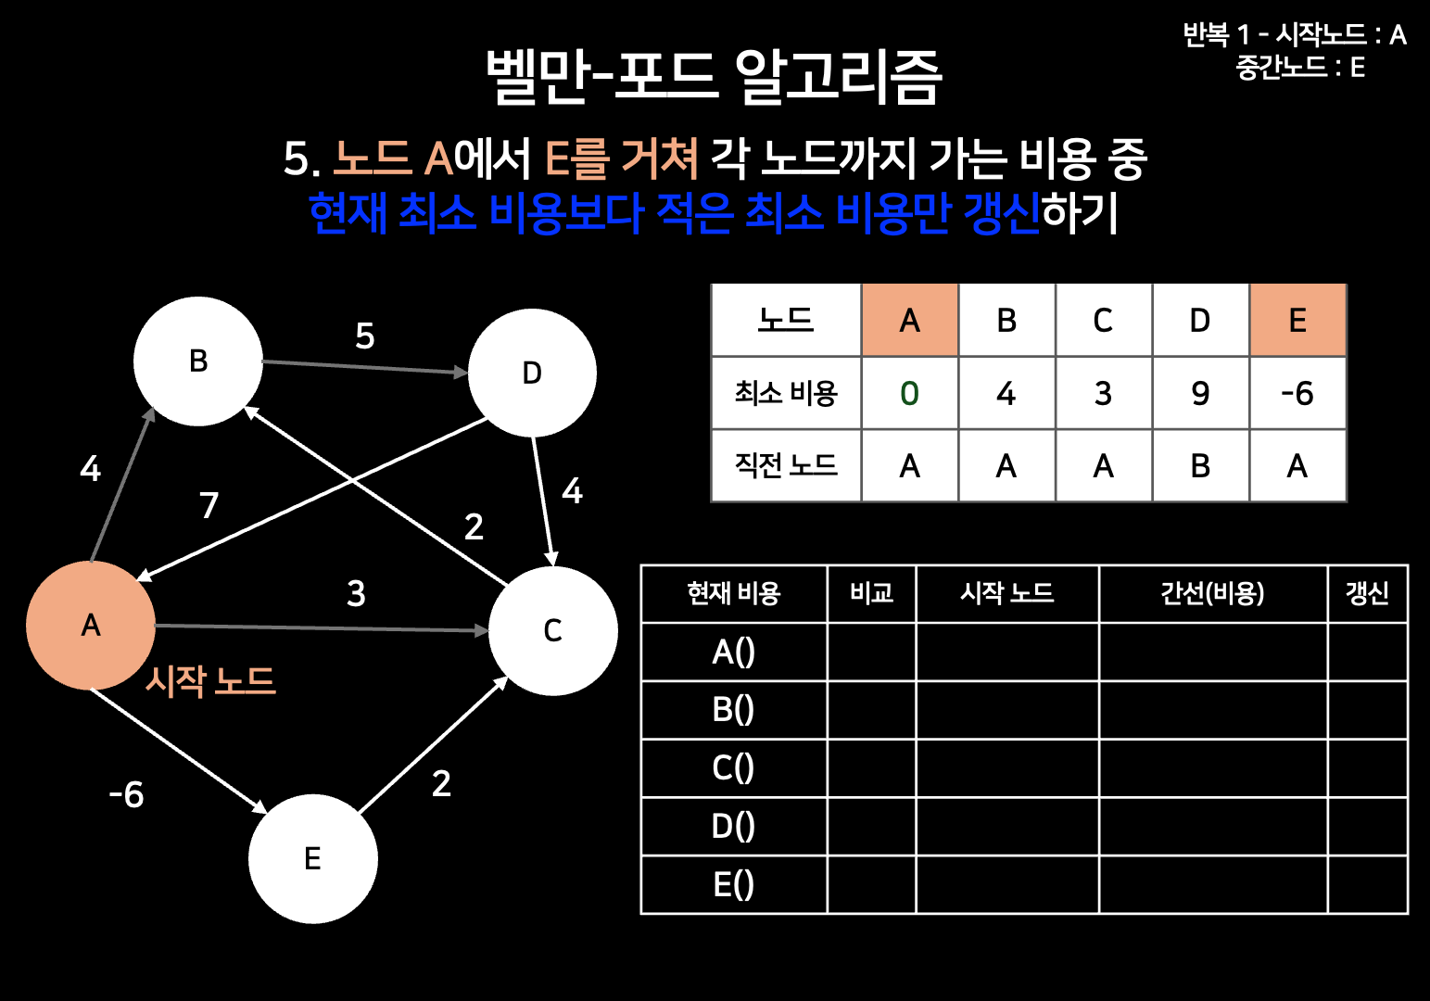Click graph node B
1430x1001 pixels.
point(198,361)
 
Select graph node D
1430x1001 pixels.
point(532,373)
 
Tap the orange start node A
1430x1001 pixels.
point(91,626)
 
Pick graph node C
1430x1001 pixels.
point(552,631)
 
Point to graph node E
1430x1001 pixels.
point(313,859)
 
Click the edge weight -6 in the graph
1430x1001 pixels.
point(127,795)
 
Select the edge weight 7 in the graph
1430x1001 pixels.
point(209,506)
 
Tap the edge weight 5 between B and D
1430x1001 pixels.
point(365,336)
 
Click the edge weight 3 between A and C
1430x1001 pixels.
point(356,594)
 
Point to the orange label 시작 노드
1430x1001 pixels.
point(210,681)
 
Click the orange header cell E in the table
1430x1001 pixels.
point(1297,321)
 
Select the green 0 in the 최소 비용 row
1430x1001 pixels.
point(909,394)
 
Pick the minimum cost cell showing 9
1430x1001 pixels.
point(1200,394)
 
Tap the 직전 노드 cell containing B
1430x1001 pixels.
point(1200,466)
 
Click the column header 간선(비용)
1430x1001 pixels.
point(1212,593)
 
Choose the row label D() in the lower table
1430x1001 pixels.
point(733,826)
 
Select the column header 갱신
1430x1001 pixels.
point(1367,593)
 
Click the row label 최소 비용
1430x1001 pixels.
point(786,394)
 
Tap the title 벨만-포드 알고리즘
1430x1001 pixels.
point(715,77)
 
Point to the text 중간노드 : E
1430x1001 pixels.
point(1300,68)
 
